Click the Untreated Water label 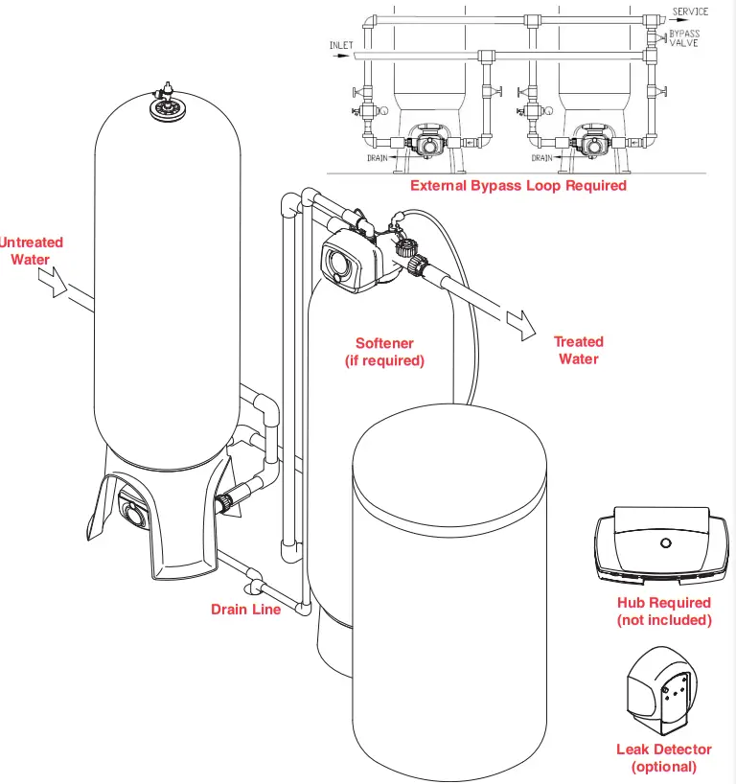click(31, 251)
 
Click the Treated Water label click(578, 350)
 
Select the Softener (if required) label click(383, 352)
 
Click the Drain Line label click(246, 609)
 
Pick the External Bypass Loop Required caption click(517, 185)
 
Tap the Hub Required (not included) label click(664, 611)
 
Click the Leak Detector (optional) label click(663, 757)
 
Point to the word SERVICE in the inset click(690, 12)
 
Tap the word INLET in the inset click(341, 45)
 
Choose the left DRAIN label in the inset click(378, 157)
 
